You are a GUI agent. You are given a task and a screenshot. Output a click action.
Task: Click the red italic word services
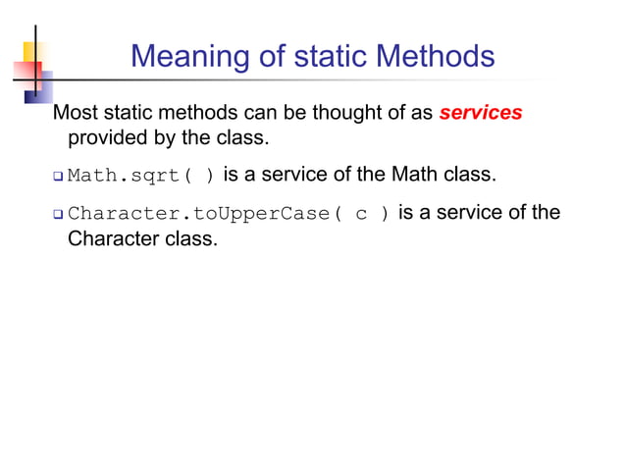pyautogui.click(x=481, y=113)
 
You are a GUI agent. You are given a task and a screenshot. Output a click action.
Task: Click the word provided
pyautogui.click(x=103, y=137)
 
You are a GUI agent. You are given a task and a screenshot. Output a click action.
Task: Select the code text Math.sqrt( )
pyautogui.click(x=141, y=178)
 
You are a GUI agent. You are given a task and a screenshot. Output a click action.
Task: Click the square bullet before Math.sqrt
pyautogui.click(x=58, y=178)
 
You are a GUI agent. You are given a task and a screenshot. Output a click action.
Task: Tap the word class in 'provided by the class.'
pyautogui.click(x=245, y=137)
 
